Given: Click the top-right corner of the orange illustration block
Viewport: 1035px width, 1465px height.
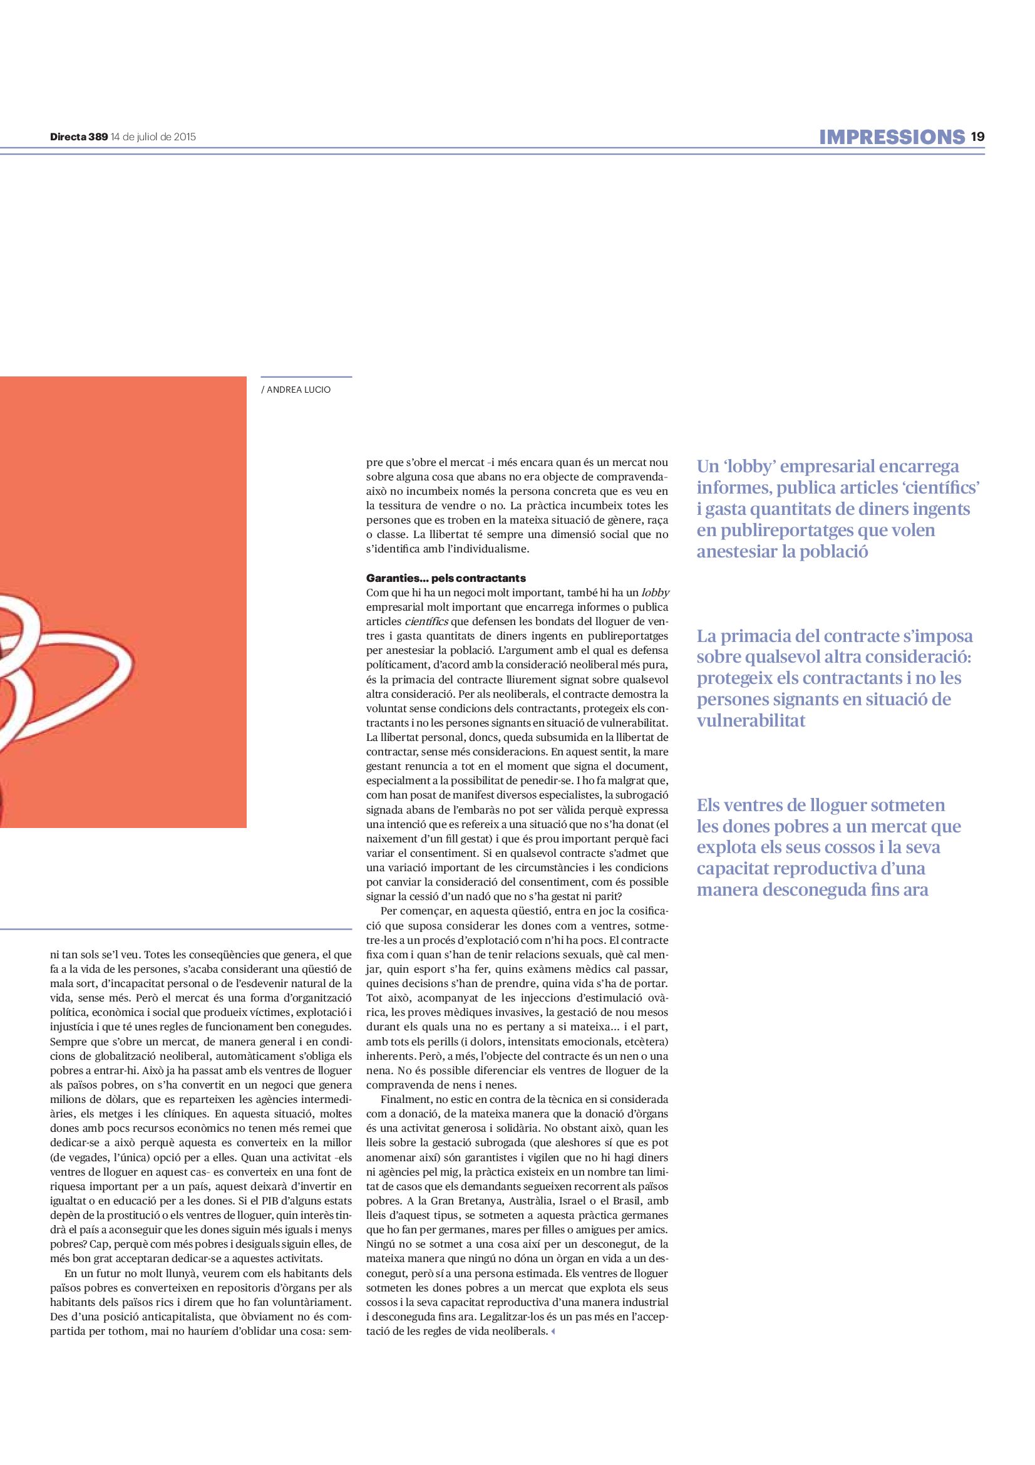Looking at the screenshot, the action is point(246,376).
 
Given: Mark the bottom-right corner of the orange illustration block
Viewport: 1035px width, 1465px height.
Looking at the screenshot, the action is point(246,827).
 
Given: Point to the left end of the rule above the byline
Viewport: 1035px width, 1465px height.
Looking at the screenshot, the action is point(261,377).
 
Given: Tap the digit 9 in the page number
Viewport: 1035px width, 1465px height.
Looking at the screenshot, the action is point(981,137).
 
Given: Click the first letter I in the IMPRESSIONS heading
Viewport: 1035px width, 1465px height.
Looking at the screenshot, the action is point(823,137).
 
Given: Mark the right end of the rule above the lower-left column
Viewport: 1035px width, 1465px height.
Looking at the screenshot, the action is point(351,929).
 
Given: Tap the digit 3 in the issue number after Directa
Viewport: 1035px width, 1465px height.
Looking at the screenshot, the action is point(92,137).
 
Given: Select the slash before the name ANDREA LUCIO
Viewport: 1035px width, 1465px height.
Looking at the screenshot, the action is point(263,389).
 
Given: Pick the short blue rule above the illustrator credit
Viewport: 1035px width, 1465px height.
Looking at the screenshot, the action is point(306,377).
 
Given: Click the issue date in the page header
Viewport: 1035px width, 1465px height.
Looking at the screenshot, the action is point(153,137).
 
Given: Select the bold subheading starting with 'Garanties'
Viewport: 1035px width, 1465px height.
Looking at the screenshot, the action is point(446,578).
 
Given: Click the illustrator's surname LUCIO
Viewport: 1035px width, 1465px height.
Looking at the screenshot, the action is point(317,389).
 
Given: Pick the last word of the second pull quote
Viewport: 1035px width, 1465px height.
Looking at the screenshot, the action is point(751,720).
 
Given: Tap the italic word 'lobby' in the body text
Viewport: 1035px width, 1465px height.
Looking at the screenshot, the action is point(655,593).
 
